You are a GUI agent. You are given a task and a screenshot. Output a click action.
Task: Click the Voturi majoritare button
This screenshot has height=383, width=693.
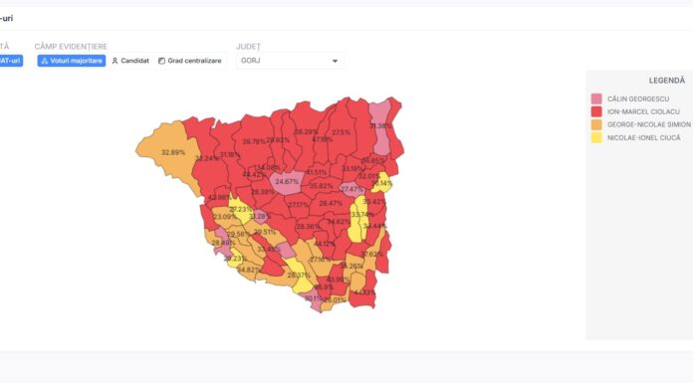[x=71, y=61]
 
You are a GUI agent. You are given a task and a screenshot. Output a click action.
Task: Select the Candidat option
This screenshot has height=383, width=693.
[x=130, y=61]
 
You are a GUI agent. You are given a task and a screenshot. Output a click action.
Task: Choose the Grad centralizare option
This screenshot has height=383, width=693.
[x=190, y=61]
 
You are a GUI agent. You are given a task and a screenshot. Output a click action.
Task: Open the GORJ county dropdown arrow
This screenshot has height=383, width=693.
[x=336, y=61]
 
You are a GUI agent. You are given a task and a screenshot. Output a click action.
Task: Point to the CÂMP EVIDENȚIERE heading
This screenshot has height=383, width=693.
[x=71, y=47]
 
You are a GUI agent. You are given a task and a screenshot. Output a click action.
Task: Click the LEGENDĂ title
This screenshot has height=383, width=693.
[x=666, y=80]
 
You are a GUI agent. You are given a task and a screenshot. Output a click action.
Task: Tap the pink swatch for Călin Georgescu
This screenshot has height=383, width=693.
[x=596, y=97]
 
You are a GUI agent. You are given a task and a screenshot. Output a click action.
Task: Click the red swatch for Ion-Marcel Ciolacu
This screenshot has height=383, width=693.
[x=596, y=111]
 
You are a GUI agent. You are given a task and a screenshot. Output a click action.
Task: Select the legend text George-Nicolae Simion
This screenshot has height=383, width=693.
[x=648, y=124]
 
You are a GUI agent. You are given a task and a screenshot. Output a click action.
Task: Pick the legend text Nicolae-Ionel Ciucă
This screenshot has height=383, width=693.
[x=642, y=137]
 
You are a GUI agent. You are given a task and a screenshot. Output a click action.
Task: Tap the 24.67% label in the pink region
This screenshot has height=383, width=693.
[x=287, y=182]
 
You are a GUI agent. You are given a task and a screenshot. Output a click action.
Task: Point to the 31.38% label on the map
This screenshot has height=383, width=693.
[x=380, y=126]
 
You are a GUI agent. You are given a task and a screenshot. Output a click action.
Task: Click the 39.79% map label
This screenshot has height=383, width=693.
[x=254, y=141]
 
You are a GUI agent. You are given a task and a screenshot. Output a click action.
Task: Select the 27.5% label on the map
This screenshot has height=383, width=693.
[x=342, y=132]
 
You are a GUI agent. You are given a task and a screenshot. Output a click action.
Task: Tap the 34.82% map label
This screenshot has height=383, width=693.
[x=248, y=270]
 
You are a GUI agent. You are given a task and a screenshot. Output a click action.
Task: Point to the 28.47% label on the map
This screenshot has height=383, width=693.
[x=330, y=203]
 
